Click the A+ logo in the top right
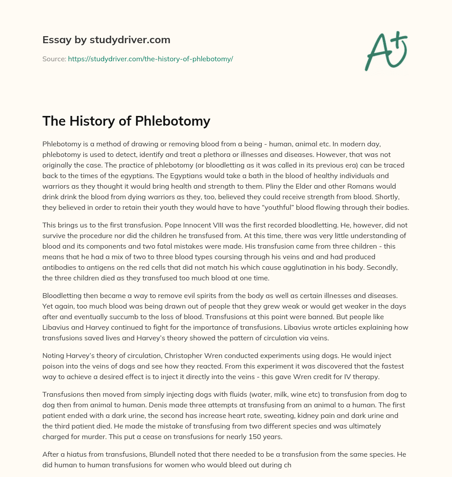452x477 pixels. [386, 51]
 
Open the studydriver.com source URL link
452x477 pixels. [150, 59]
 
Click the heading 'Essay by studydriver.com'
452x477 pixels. [106, 40]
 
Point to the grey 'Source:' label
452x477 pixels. [54, 59]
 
